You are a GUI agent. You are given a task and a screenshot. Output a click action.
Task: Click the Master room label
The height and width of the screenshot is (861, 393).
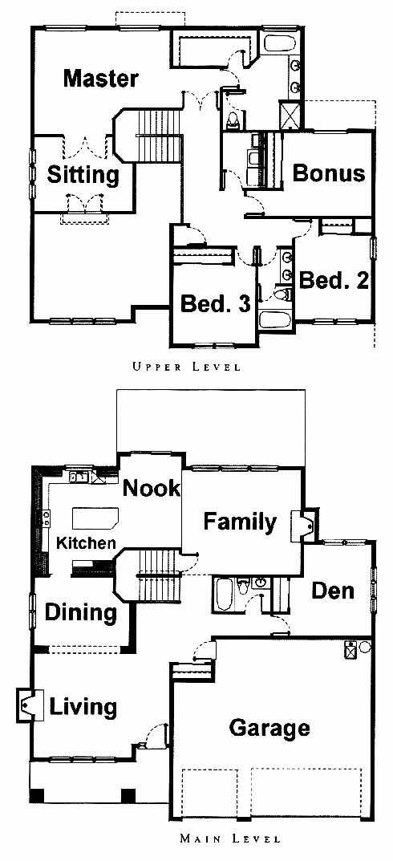coord(100,79)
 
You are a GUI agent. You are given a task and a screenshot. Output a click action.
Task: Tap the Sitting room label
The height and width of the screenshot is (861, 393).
coord(83,175)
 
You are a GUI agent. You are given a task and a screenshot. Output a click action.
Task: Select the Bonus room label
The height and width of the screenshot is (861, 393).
coord(329,173)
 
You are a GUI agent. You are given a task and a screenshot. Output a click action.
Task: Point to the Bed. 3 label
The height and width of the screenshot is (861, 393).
coord(216,303)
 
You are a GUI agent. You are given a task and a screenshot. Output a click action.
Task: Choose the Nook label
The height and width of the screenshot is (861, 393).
coord(151,488)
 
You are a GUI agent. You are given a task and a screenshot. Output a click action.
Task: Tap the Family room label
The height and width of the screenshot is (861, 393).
coord(240,522)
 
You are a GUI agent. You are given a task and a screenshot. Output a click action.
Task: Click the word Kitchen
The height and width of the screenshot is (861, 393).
coord(86,543)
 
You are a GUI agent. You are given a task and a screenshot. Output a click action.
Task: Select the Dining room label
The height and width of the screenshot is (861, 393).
coord(81,613)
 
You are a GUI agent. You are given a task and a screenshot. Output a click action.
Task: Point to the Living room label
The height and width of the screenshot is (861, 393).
coord(83,708)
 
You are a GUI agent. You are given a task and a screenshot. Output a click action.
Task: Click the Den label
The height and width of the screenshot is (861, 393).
coord(333,591)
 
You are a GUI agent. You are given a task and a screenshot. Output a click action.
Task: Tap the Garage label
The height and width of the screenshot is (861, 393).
coord(269,729)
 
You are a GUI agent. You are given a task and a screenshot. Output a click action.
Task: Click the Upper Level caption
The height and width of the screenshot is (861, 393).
coord(186,367)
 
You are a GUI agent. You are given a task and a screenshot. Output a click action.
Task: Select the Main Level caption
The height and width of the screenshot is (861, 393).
coord(230,839)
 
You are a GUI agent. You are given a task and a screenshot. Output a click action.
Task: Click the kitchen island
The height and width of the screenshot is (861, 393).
coord(95,518)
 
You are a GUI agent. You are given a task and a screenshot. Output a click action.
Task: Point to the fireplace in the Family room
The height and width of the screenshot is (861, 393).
coord(304,526)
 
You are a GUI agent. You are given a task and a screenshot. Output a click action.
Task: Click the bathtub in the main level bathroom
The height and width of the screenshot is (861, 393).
coord(224,594)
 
